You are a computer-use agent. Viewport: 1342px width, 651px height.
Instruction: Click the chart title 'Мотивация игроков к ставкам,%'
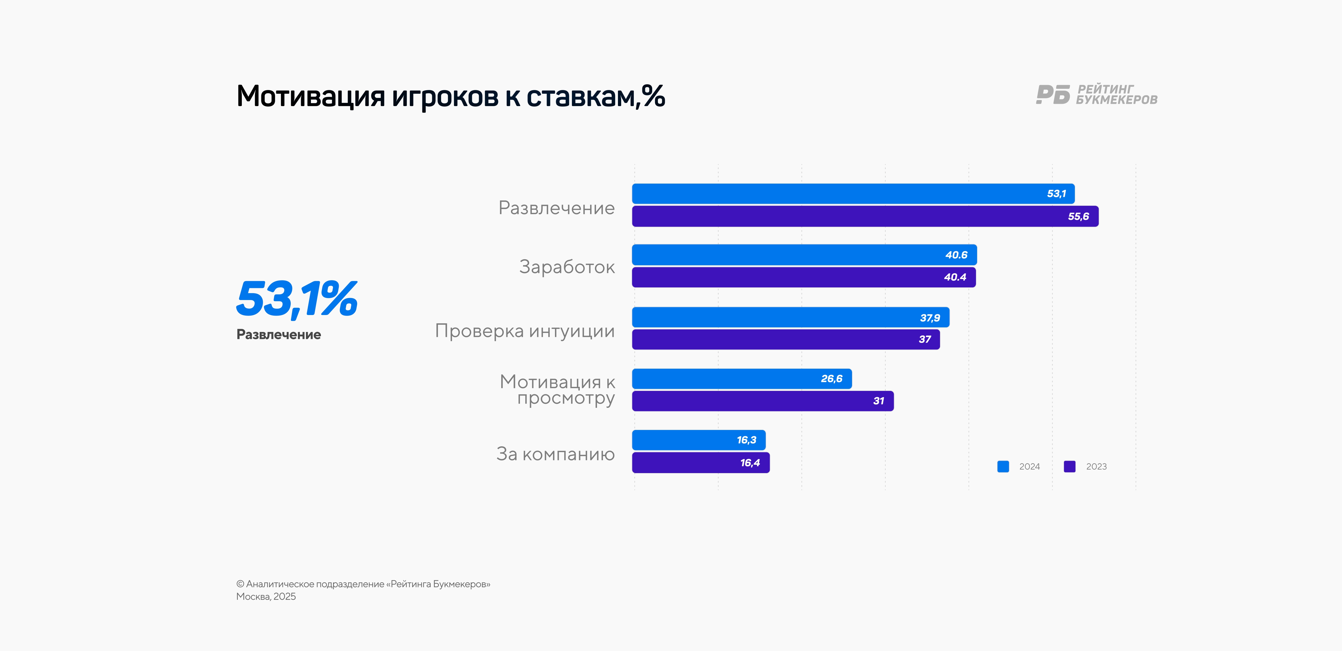pyautogui.click(x=451, y=96)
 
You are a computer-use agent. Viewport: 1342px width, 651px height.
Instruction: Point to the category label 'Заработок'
pyautogui.click(x=567, y=267)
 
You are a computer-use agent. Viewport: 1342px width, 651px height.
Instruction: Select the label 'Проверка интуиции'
pyautogui.click(x=524, y=331)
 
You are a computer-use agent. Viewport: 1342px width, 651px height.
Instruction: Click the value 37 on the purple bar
pyautogui.click(x=925, y=339)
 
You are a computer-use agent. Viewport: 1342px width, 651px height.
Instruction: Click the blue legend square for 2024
pyautogui.click(x=1003, y=467)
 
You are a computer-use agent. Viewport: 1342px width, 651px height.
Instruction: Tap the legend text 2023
pyautogui.click(x=1096, y=467)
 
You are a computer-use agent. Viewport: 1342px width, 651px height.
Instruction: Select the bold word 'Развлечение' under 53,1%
pyautogui.click(x=279, y=335)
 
